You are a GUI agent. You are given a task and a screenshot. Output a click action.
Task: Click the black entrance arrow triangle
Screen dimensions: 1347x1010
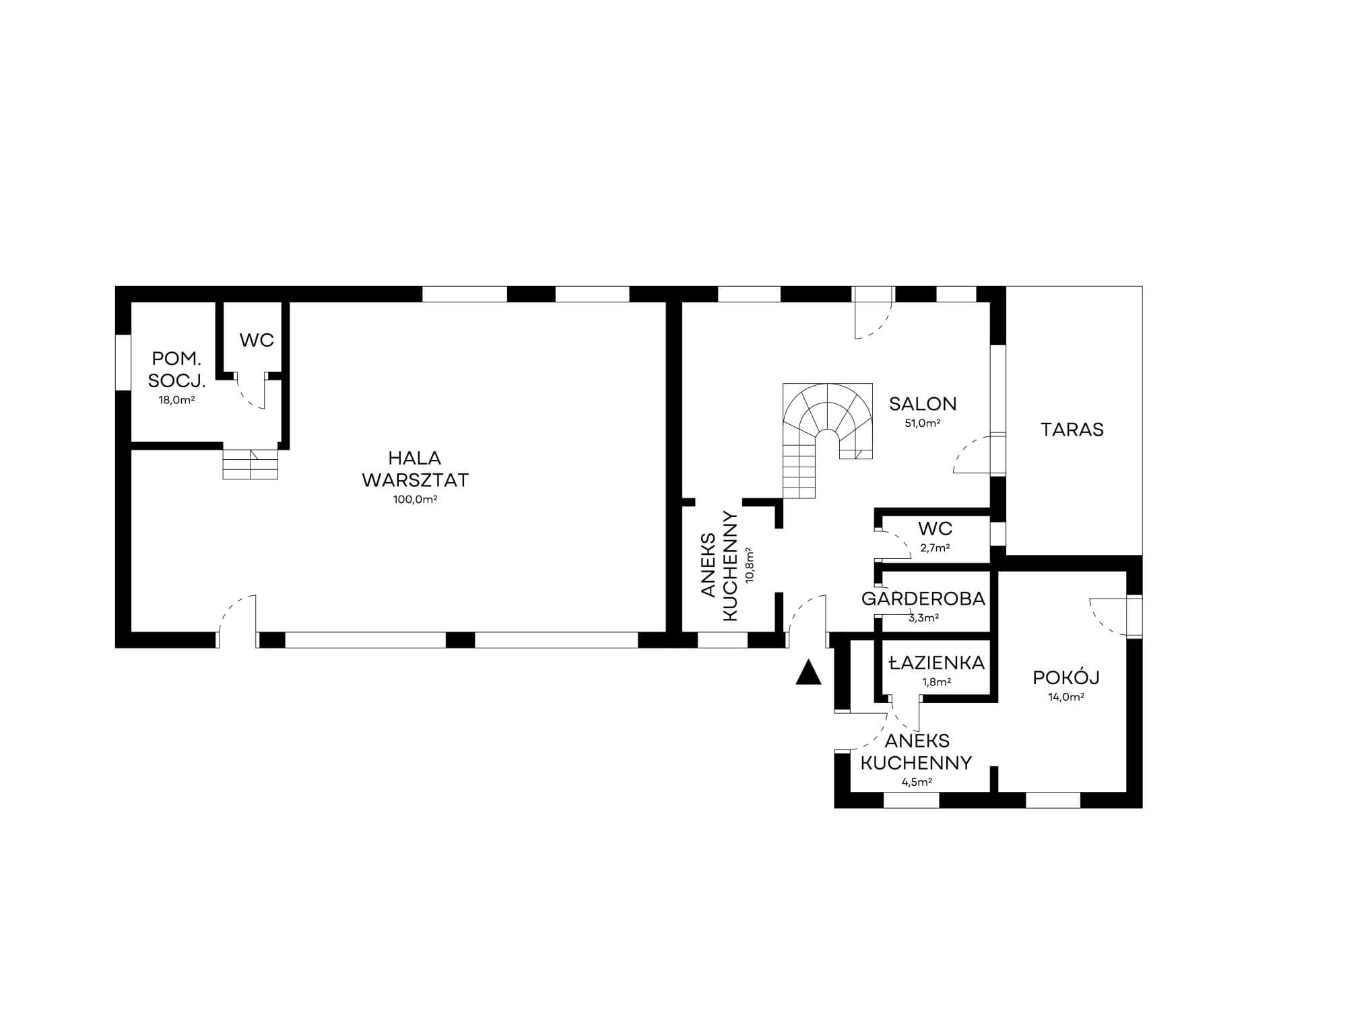(808, 673)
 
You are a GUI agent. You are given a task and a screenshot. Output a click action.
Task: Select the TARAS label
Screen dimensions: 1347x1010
(1072, 430)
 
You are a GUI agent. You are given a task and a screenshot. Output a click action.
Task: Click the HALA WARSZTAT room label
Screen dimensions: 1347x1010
(415, 469)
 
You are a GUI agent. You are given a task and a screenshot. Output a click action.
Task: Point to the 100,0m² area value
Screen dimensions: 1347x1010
(415, 500)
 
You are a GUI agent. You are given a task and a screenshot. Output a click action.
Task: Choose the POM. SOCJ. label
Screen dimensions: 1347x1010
(176, 370)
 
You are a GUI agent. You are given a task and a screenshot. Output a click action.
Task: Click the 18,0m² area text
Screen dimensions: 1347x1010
(176, 400)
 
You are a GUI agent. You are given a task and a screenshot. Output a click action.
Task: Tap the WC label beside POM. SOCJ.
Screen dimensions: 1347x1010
(257, 340)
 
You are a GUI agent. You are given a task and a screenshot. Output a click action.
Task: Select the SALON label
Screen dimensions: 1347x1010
(923, 404)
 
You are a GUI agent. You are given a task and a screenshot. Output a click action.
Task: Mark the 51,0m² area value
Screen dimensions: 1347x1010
(923, 424)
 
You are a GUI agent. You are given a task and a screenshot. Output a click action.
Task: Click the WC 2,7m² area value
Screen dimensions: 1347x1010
(935, 548)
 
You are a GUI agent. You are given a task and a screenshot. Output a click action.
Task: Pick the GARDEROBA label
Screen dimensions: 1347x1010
(923, 599)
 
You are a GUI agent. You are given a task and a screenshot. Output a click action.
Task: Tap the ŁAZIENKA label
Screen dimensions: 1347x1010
(936, 663)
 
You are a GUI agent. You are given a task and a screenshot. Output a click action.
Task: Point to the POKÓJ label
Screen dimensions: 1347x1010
(1066, 677)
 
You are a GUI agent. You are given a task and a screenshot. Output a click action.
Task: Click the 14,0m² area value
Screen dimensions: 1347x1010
(1066, 698)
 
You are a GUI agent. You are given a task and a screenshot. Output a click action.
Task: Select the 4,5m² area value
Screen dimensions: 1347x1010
(917, 782)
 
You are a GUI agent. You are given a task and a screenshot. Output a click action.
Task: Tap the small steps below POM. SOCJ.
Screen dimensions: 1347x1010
(251, 464)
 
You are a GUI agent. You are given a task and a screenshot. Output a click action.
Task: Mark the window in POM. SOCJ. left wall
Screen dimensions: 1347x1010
(123, 362)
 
